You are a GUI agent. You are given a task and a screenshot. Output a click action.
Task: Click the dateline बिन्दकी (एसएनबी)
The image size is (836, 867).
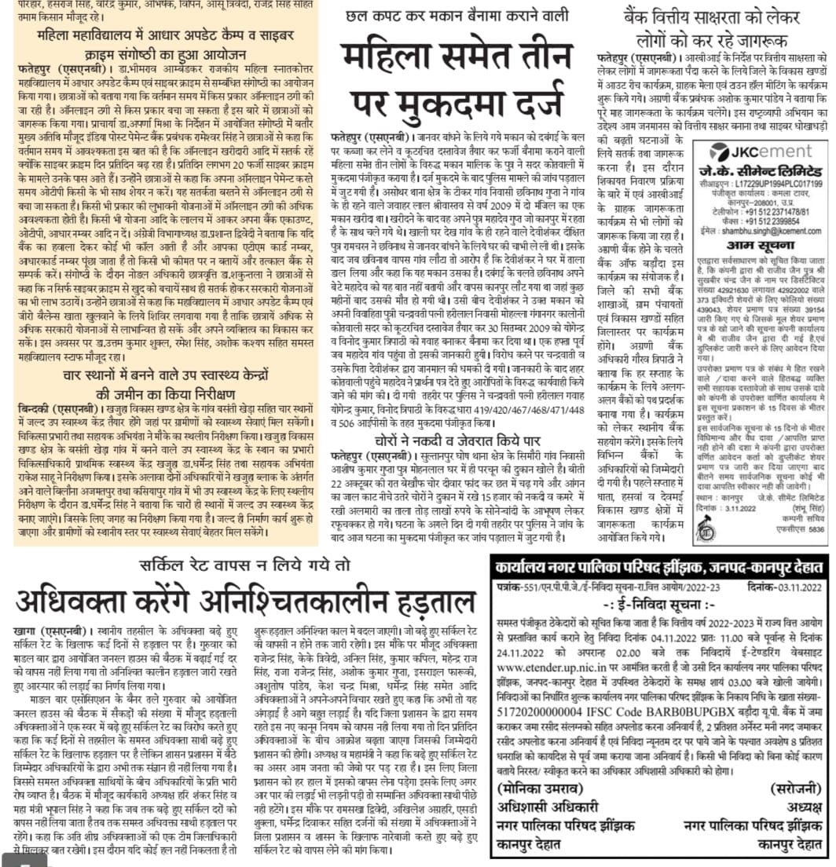[55, 409]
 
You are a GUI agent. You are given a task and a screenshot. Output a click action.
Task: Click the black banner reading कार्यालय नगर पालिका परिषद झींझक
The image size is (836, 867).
[659, 566]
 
